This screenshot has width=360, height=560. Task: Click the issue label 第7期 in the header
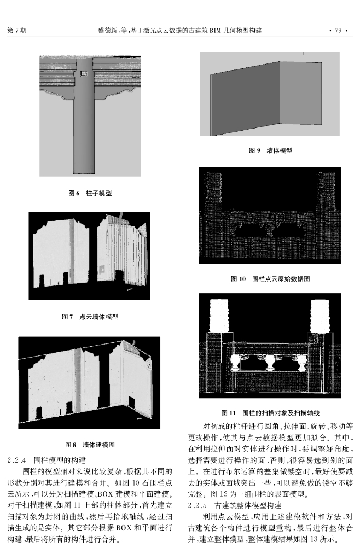[17, 30]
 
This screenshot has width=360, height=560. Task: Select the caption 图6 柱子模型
[90, 193]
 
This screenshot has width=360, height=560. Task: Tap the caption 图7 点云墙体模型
[90, 317]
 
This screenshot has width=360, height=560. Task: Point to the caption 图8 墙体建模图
[90, 445]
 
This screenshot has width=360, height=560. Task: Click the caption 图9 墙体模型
[270, 150]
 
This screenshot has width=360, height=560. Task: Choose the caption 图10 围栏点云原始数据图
[270, 279]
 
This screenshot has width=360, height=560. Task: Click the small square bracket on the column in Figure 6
[83, 73]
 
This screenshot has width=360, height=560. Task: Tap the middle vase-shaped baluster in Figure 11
[269, 363]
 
